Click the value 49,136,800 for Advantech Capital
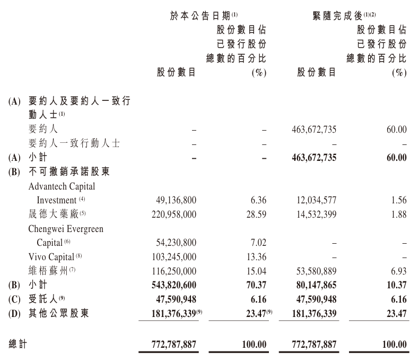point(174,201)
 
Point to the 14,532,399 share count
point(315,215)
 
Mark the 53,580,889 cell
point(315,271)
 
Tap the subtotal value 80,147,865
point(315,285)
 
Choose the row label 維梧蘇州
point(50,271)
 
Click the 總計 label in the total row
point(18,344)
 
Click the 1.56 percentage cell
point(398,201)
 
